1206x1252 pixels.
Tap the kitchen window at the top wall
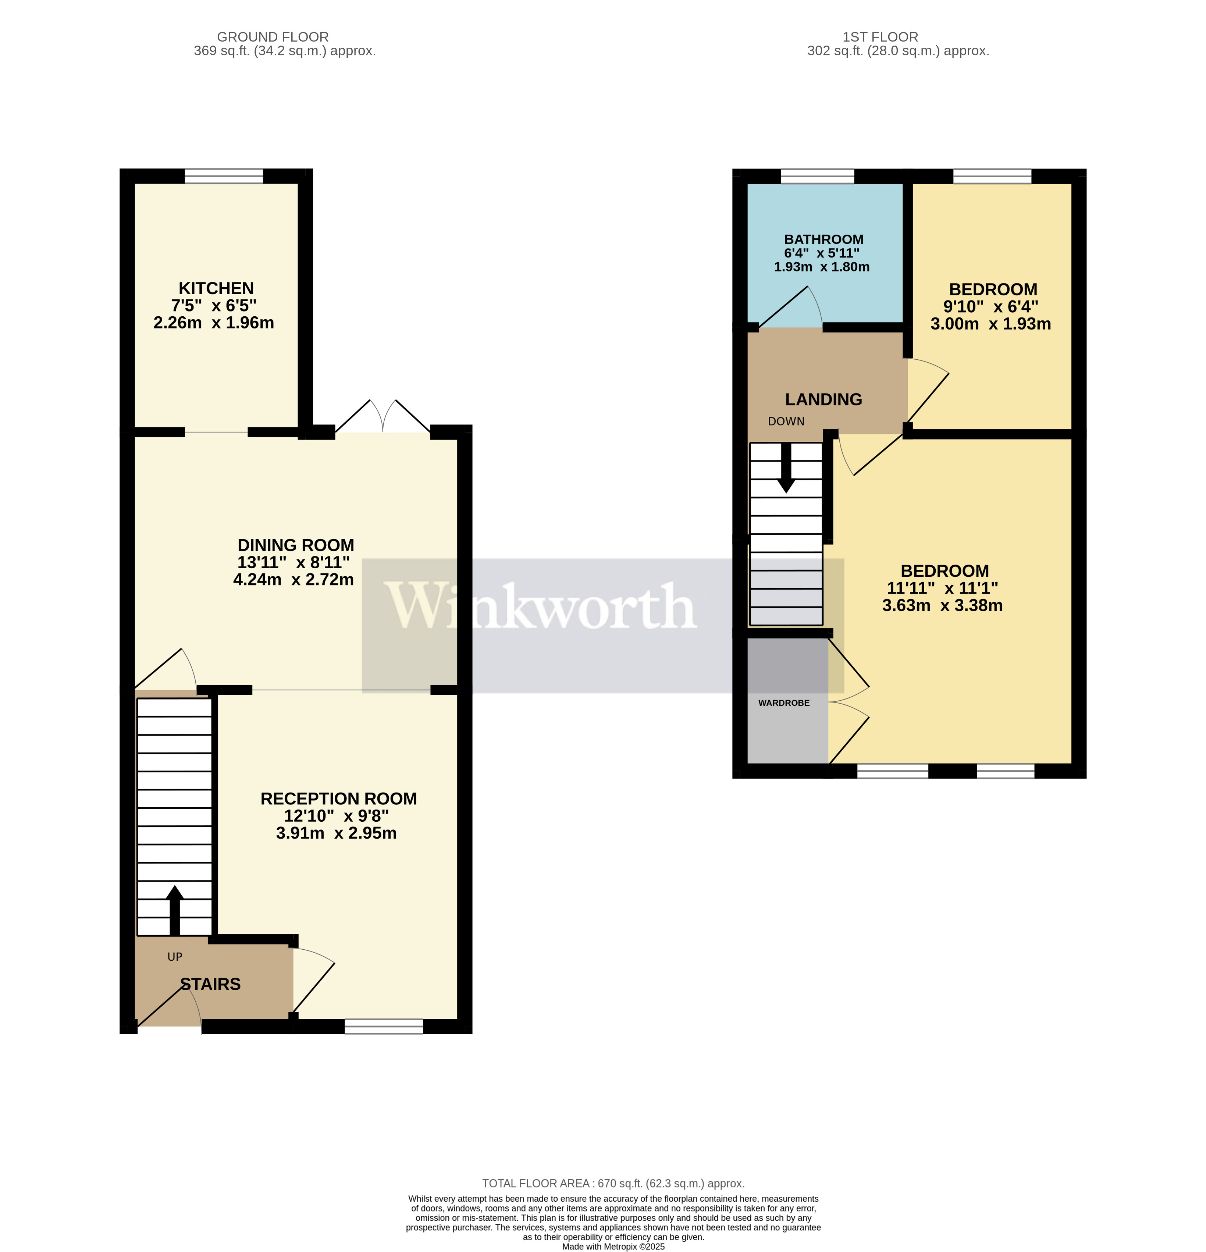tap(224, 176)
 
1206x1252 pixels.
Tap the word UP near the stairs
tap(174, 957)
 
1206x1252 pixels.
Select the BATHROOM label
tap(823, 239)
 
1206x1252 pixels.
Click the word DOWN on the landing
tap(786, 422)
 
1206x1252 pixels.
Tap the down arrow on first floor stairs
tap(786, 469)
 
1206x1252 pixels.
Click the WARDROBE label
tap(784, 703)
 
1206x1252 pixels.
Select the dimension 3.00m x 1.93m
tap(990, 324)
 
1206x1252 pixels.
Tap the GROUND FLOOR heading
tap(273, 37)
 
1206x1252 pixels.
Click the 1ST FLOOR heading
tap(880, 37)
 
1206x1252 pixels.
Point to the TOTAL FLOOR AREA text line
tap(613, 1184)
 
